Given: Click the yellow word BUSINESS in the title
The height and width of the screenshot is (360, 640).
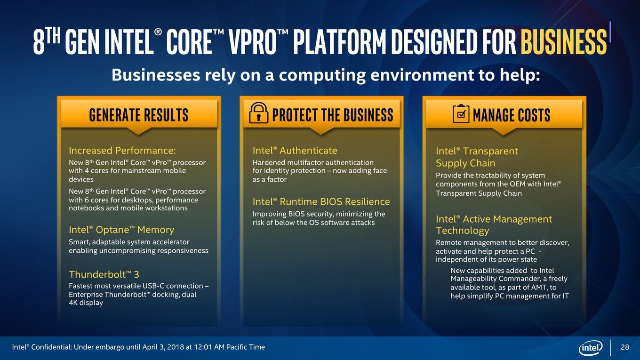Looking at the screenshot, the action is (564, 42).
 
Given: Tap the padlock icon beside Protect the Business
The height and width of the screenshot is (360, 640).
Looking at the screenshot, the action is (258, 113).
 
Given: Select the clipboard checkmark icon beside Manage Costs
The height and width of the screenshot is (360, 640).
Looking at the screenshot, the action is (461, 114).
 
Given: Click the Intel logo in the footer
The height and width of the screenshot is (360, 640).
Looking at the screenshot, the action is (590, 347).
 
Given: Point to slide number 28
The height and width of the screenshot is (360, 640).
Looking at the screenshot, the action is (625, 347).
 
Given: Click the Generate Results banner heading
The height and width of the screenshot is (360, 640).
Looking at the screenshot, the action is (138, 115).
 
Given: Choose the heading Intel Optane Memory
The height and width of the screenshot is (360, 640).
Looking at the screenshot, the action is (121, 230).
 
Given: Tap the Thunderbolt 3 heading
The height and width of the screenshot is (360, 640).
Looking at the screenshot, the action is (104, 274).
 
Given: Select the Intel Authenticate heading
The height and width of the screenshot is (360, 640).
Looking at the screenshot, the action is (295, 150).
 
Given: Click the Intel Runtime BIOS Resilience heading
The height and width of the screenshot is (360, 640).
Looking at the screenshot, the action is (321, 202).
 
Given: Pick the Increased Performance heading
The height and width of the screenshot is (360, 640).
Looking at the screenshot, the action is (122, 150).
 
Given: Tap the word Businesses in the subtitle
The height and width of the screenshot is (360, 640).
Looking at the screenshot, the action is (156, 75).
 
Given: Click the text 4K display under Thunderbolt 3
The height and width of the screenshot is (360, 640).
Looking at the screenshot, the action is (86, 303).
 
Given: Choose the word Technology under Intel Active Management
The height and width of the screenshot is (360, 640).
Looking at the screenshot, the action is (463, 230).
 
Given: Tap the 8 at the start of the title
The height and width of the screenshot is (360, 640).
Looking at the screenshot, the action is (39, 42).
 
